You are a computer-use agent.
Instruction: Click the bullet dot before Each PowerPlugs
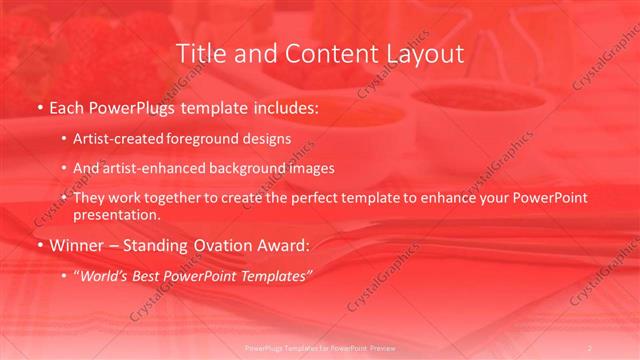(38, 108)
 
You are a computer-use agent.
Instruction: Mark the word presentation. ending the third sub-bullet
(115, 214)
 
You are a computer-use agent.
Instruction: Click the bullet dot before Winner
(38, 244)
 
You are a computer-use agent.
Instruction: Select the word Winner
(73, 244)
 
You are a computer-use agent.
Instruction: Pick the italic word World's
(107, 274)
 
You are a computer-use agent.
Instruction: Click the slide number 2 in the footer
(590, 347)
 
